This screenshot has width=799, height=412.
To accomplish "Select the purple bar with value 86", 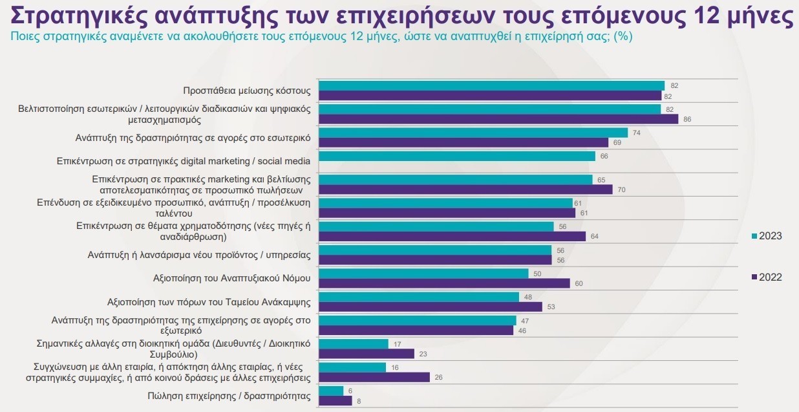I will [498, 119].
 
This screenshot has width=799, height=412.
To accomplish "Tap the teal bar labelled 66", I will [457, 156].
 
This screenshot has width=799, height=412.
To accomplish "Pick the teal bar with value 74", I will [474, 133].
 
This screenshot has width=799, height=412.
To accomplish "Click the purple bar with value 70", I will [465, 190].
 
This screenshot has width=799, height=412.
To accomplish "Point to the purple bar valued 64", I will [453, 236].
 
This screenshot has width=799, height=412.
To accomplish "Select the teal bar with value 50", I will [424, 274].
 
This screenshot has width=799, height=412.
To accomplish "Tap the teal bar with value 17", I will [354, 344].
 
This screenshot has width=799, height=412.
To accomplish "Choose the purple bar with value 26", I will [374, 377].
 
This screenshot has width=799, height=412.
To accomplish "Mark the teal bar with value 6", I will [332, 391].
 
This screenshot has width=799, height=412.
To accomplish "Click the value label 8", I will [359, 401].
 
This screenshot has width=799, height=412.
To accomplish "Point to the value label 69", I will [617, 142].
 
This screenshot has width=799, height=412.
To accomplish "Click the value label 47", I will [524, 320].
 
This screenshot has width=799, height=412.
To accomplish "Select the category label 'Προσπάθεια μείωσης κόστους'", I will [247, 91].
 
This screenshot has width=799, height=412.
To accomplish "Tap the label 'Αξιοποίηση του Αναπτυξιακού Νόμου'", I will [231, 278].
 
